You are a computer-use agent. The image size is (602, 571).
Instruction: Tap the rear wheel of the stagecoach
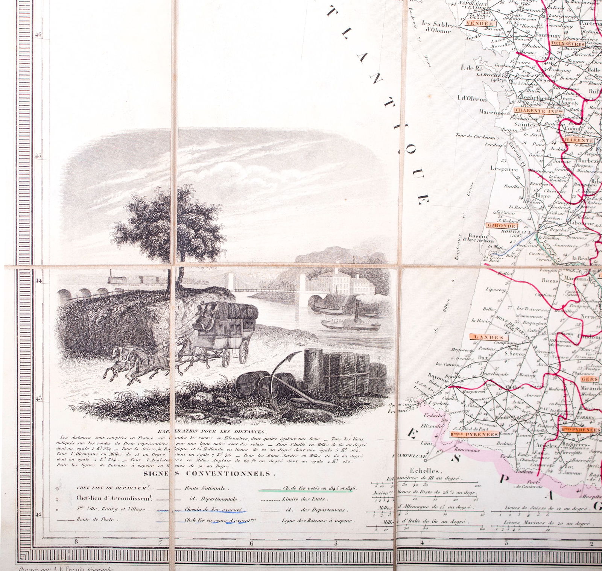[x=244, y=352]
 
